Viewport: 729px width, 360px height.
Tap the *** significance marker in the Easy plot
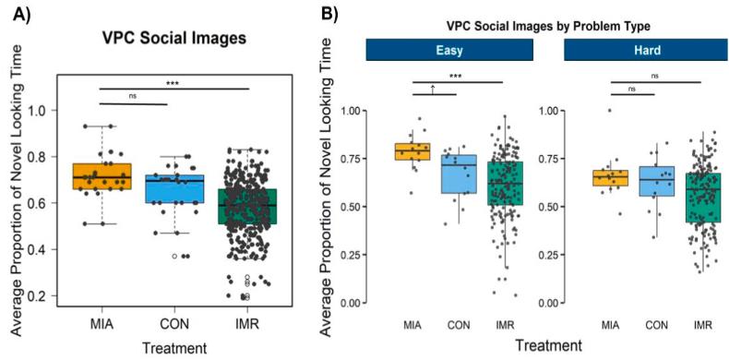tap(454, 76)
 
